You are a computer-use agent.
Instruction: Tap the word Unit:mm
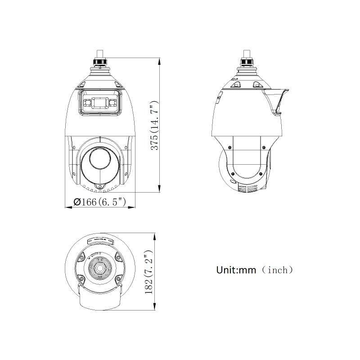pos(236,270)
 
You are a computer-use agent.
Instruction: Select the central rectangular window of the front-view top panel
pos(99,103)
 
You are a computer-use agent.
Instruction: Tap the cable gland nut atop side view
pos(247,61)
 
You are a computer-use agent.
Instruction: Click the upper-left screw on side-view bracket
pos(230,148)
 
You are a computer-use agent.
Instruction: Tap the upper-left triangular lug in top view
pos(82,257)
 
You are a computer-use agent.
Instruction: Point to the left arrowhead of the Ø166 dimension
pos(68,208)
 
